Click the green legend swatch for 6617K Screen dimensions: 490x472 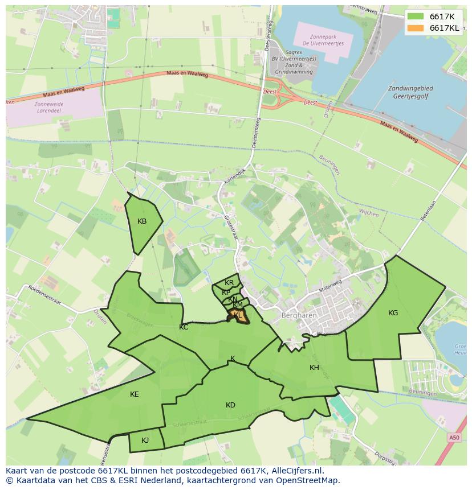point(416,17)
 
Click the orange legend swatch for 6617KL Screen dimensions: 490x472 point(416,28)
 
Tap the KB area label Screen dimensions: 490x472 point(143,221)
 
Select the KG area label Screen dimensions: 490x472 point(393,313)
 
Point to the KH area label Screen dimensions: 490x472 point(314,368)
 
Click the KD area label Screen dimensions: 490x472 point(230,405)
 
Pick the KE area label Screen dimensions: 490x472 point(135,394)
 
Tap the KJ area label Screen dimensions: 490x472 point(145,440)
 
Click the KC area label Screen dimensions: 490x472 point(184,327)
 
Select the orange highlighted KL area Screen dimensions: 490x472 point(238,315)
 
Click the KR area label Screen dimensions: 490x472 point(229,283)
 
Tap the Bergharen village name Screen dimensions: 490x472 point(295,315)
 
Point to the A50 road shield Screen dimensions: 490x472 point(453,438)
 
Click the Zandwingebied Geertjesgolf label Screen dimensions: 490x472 point(410,93)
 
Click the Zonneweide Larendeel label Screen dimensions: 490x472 point(49,108)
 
